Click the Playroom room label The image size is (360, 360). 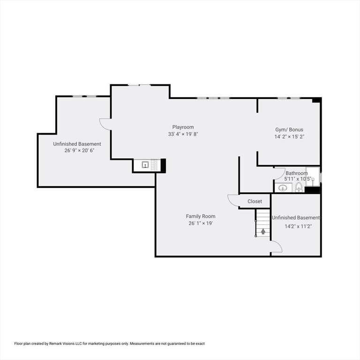click(x=182, y=127)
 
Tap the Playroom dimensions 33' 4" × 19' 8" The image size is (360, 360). click(x=182, y=134)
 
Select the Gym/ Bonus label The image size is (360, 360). click(x=289, y=130)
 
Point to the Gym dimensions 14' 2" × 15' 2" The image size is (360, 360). click(x=289, y=137)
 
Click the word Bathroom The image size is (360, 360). click(x=297, y=173)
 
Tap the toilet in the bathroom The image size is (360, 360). click(x=299, y=188)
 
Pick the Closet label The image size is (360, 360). click(x=255, y=202)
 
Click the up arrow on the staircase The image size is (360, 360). click(x=263, y=231)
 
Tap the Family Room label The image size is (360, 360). click(x=201, y=216)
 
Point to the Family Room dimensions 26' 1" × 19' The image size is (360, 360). click(x=201, y=223)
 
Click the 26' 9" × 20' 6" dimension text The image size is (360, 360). click(x=77, y=151)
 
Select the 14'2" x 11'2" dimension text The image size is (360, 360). click(x=298, y=226)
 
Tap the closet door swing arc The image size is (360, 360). click(x=233, y=200)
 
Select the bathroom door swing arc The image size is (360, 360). click(x=279, y=172)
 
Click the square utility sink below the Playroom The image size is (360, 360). click(x=145, y=165)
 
